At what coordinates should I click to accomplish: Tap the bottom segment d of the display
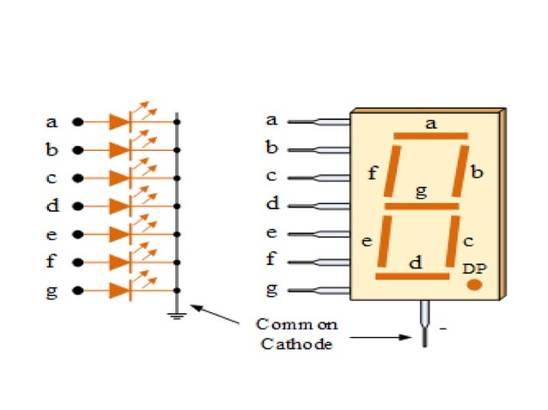click(x=412, y=276)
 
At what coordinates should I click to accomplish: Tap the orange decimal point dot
click(x=473, y=284)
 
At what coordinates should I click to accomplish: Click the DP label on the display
click(x=473, y=268)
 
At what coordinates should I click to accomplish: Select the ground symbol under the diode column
click(x=177, y=315)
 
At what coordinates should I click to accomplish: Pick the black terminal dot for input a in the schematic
click(x=76, y=122)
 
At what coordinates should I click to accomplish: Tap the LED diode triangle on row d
click(x=119, y=207)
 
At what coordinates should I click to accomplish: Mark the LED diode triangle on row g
click(x=119, y=291)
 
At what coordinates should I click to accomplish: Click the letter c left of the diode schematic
click(x=52, y=178)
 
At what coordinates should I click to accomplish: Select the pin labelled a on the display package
click(x=318, y=122)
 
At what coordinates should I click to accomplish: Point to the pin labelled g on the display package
click(x=318, y=290)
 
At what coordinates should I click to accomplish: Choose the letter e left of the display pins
click(x=271, y=232)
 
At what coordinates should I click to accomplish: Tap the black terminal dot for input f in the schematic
click(x=76, y=262)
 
